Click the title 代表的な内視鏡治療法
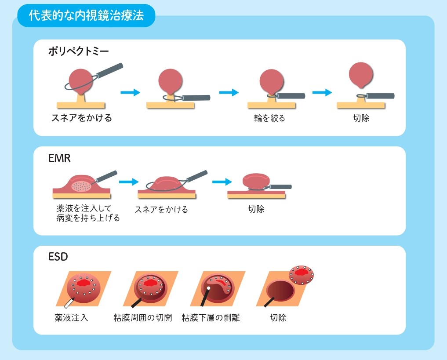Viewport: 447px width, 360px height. coord(86,16)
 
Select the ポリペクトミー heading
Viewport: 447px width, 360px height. coord(78,51)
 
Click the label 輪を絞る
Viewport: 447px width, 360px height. coord(269,118)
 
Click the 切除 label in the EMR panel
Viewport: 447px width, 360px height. coord(256,209)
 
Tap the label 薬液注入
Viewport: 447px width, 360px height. coord(72,317)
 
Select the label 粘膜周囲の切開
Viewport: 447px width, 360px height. coord(143,317)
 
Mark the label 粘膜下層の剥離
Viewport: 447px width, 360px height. coord(211,317)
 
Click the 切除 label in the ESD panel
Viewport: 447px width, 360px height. coord(278,317)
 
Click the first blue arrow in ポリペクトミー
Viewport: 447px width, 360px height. coord(130,92)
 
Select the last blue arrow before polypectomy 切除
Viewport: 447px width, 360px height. coord(322,92)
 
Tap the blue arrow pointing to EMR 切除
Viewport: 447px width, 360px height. coord(222,182)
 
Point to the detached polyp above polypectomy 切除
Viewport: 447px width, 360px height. coord(360,75)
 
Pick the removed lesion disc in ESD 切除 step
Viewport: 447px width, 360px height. coord(301,275)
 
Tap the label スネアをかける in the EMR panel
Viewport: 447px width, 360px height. coord(161,210)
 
